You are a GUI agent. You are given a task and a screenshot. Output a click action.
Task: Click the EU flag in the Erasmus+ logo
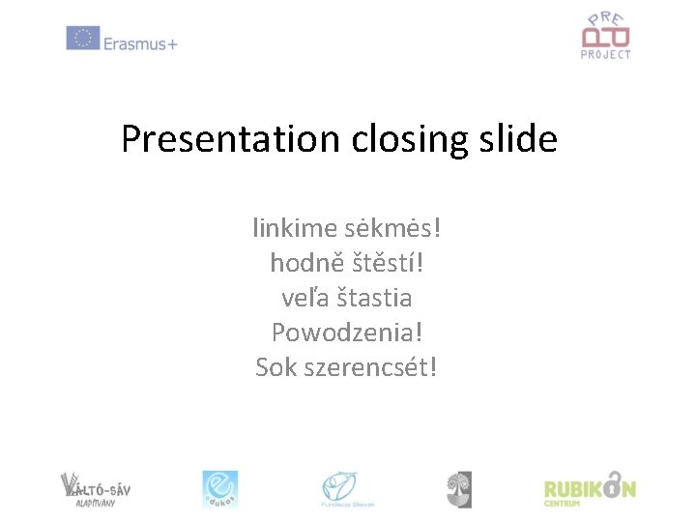[83, 39]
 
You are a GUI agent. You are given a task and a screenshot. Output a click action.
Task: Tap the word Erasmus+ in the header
[141, 42]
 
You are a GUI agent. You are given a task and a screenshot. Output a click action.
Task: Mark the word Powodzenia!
[347, 333]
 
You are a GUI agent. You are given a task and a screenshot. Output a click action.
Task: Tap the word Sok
[275, 367]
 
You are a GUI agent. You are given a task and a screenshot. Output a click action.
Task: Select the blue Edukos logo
[219, 488]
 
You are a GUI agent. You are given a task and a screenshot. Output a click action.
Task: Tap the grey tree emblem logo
[459, 488]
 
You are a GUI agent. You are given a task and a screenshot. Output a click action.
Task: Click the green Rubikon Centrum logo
[589, 488]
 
